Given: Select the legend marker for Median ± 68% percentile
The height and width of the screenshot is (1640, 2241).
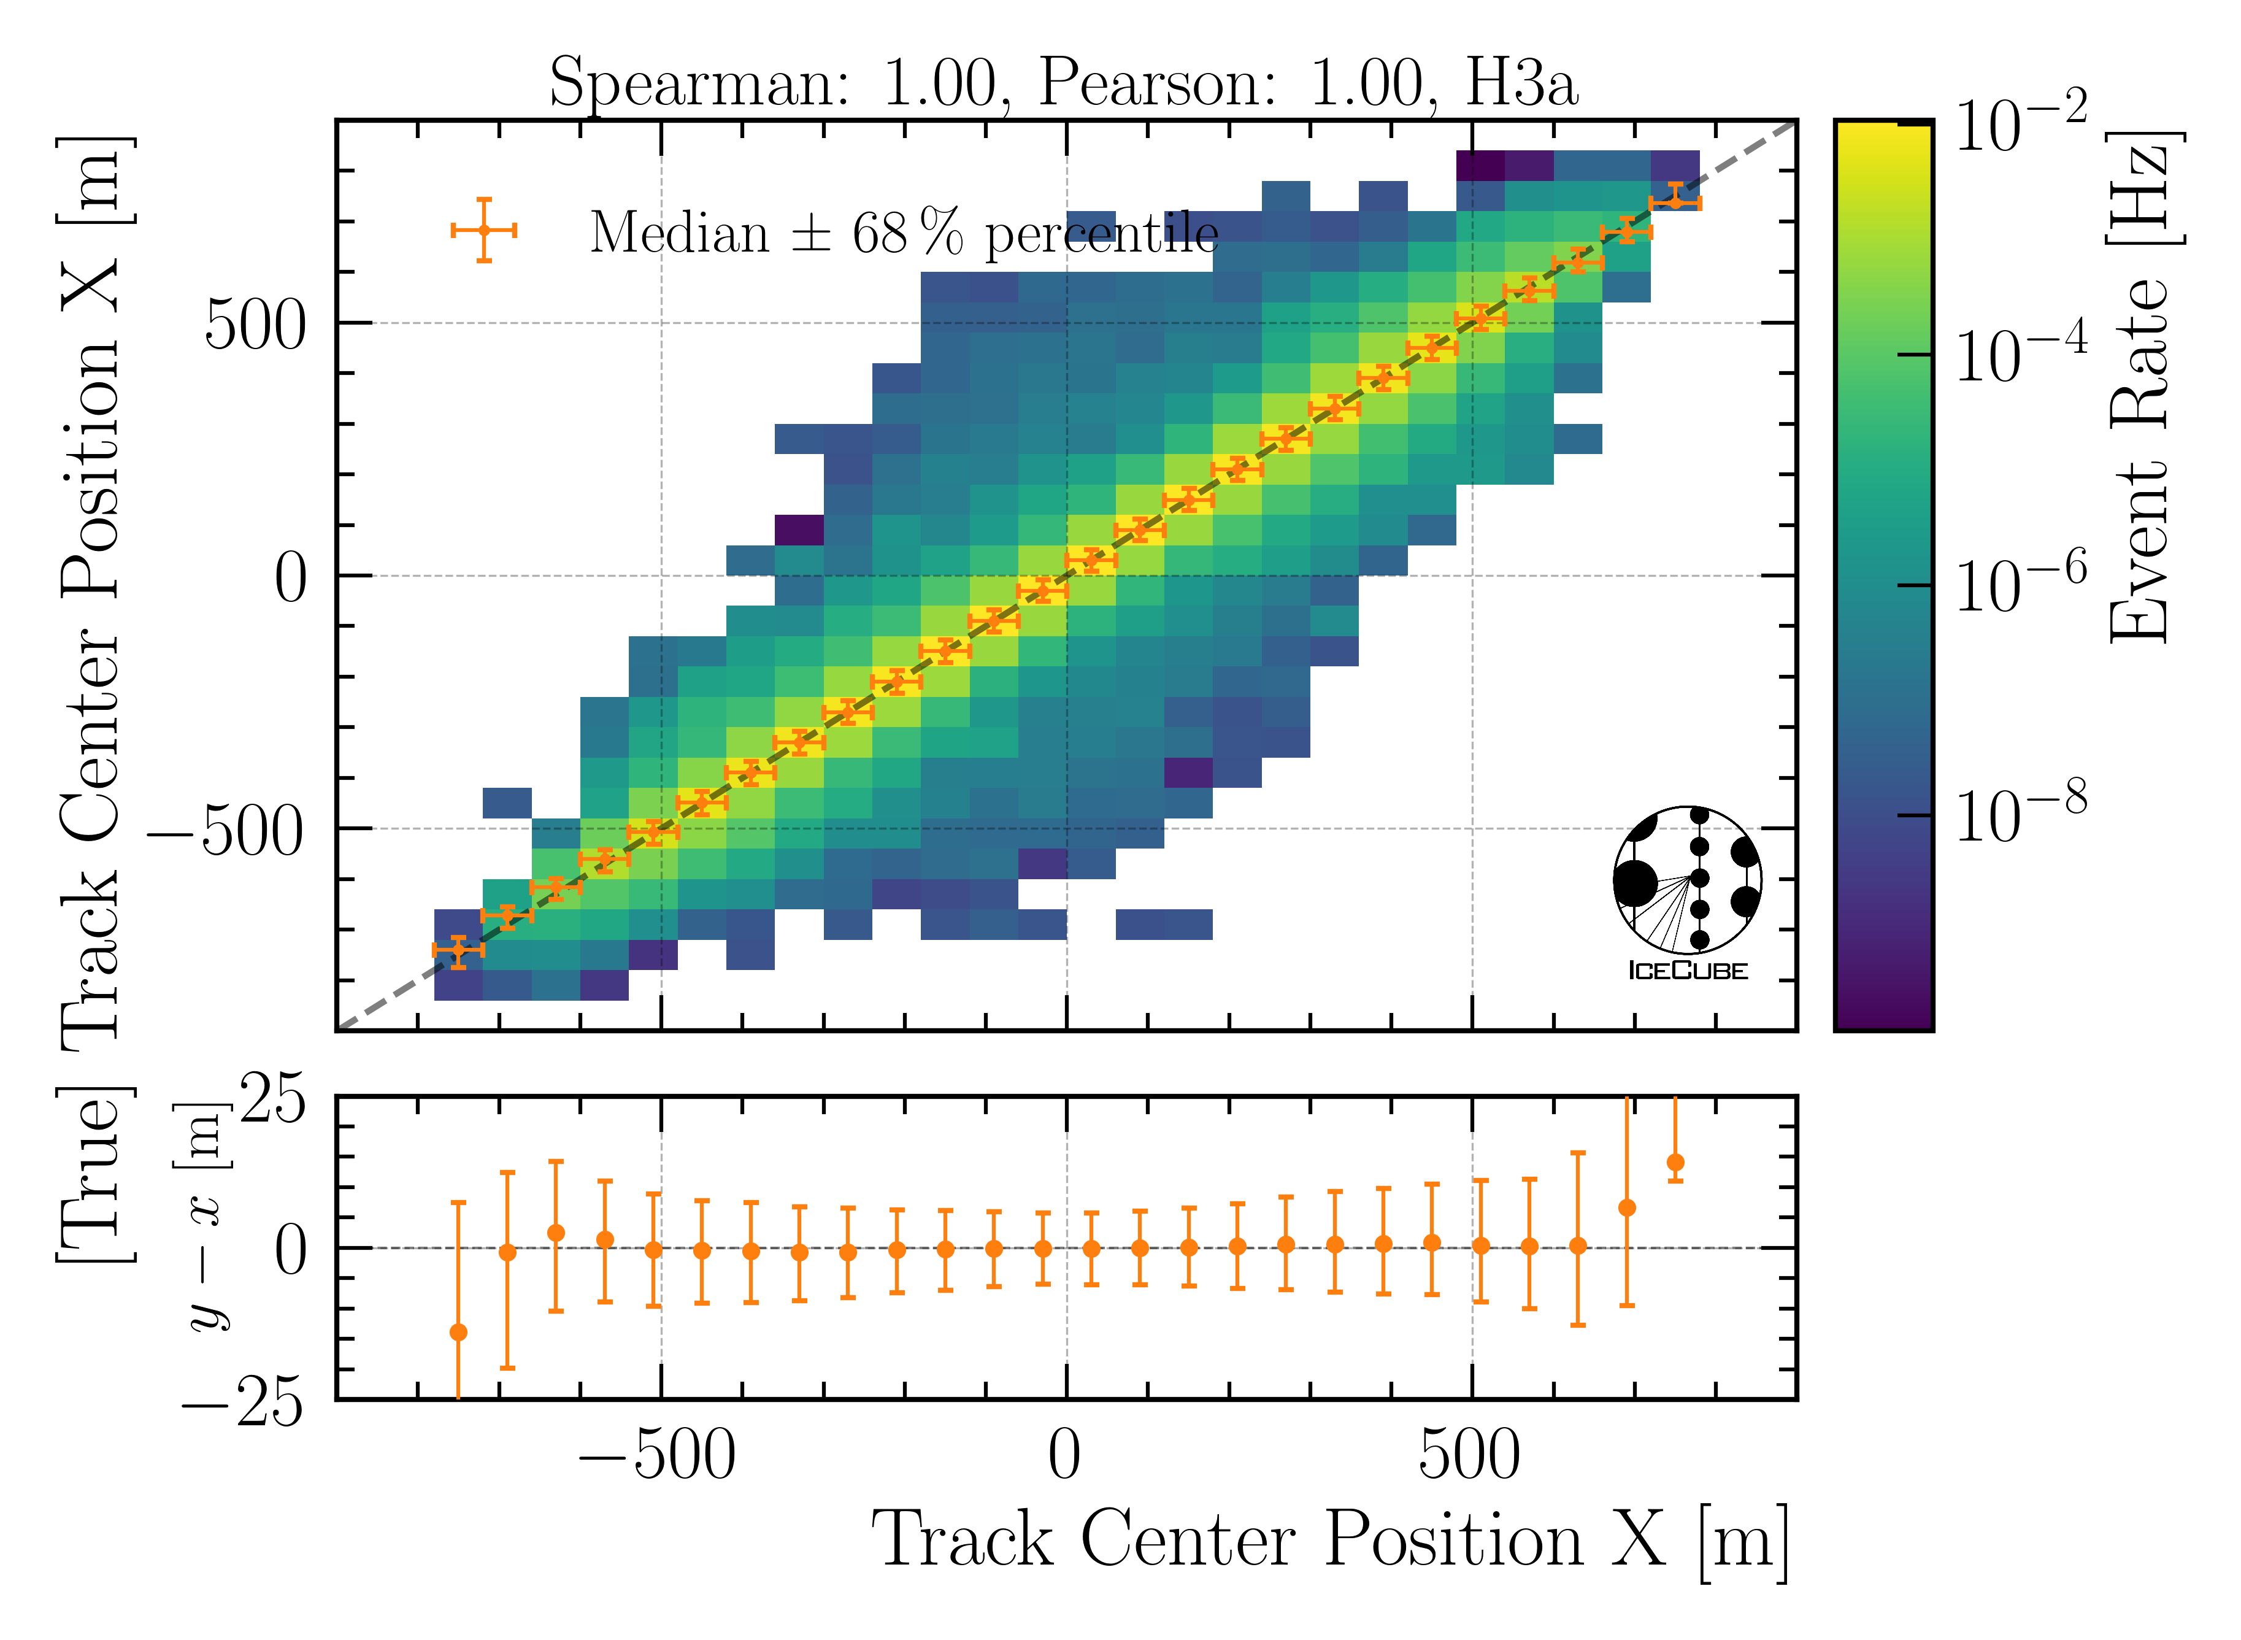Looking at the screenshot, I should pyautogui.click(x=483, y=230).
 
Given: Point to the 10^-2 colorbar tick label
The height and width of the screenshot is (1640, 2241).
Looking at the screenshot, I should pyautogui.click(x=2020, y=123).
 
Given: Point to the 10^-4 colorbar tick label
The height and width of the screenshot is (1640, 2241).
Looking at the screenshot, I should pyautogui.click(x=2020, y=355).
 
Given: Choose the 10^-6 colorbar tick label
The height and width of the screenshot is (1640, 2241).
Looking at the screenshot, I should pyautogui.click(x=2020, y=586).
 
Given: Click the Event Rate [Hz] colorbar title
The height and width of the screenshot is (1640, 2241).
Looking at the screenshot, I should pyautogui.click(x=2143, y=387).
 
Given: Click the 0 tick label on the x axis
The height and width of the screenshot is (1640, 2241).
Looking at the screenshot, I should pyautogui.click(x=1065, y=1457).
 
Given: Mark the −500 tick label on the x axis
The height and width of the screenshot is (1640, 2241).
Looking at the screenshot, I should pyautogui.click(x=657, y=1457).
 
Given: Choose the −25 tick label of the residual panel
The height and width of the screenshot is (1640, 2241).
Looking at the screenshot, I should pyautogui.click(x=243, y=1402).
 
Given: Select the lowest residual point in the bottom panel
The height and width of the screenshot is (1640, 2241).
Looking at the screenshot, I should pyautogui.click(x=458, y=1332).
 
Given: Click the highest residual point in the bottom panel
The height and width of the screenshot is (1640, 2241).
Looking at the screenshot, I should pyautogui.click(x=1675, y=1163).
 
